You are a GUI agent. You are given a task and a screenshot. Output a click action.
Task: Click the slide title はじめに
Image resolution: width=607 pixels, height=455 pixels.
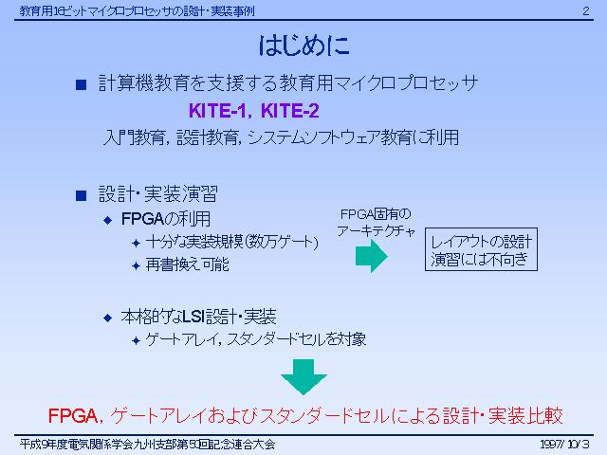click(303, 45)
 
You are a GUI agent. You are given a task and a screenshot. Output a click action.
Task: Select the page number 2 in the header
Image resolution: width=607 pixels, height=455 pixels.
click(586, 10)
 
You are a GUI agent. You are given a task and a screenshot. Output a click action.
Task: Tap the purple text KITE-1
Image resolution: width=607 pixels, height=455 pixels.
click(217, 111)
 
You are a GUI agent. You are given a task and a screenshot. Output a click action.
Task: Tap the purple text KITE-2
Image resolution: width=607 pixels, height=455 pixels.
click(290, 111)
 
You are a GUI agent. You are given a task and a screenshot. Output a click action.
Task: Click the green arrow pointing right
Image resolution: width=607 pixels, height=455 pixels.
click(371, 256)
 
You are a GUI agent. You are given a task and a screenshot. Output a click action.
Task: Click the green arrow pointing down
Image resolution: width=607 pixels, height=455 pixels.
click(303, 377)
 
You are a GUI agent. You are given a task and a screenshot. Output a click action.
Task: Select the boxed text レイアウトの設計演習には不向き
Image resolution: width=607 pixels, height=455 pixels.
click(481, 249)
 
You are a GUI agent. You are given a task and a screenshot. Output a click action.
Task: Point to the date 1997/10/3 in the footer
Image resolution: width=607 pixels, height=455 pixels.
click(564, 444)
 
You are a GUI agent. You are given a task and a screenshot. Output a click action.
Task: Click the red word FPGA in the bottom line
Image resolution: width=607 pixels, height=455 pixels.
click(72, 416)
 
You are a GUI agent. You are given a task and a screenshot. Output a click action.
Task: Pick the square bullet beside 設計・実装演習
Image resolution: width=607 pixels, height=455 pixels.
click(81, 195)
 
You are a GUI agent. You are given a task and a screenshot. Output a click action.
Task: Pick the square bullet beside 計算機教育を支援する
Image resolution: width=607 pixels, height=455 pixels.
click(81, 84)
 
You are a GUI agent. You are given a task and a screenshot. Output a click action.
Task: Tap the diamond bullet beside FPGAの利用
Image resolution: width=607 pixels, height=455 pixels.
click(107, 221)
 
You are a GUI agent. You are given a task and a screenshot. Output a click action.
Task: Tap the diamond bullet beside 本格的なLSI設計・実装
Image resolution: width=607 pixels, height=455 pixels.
click(107, 318)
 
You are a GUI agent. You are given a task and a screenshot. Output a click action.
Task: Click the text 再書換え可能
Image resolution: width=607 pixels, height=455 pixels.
click(188, 265)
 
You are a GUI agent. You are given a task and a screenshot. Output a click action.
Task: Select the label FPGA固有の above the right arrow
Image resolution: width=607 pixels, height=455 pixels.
click(376, 214)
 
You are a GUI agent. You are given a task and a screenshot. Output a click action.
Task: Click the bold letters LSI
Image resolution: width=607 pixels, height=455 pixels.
click(193, 317)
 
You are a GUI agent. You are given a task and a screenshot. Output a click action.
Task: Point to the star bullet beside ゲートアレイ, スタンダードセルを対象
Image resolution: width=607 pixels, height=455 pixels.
click(136, 340)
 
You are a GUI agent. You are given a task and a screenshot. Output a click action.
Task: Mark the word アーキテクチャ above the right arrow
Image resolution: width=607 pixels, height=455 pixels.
click(376, 231)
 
